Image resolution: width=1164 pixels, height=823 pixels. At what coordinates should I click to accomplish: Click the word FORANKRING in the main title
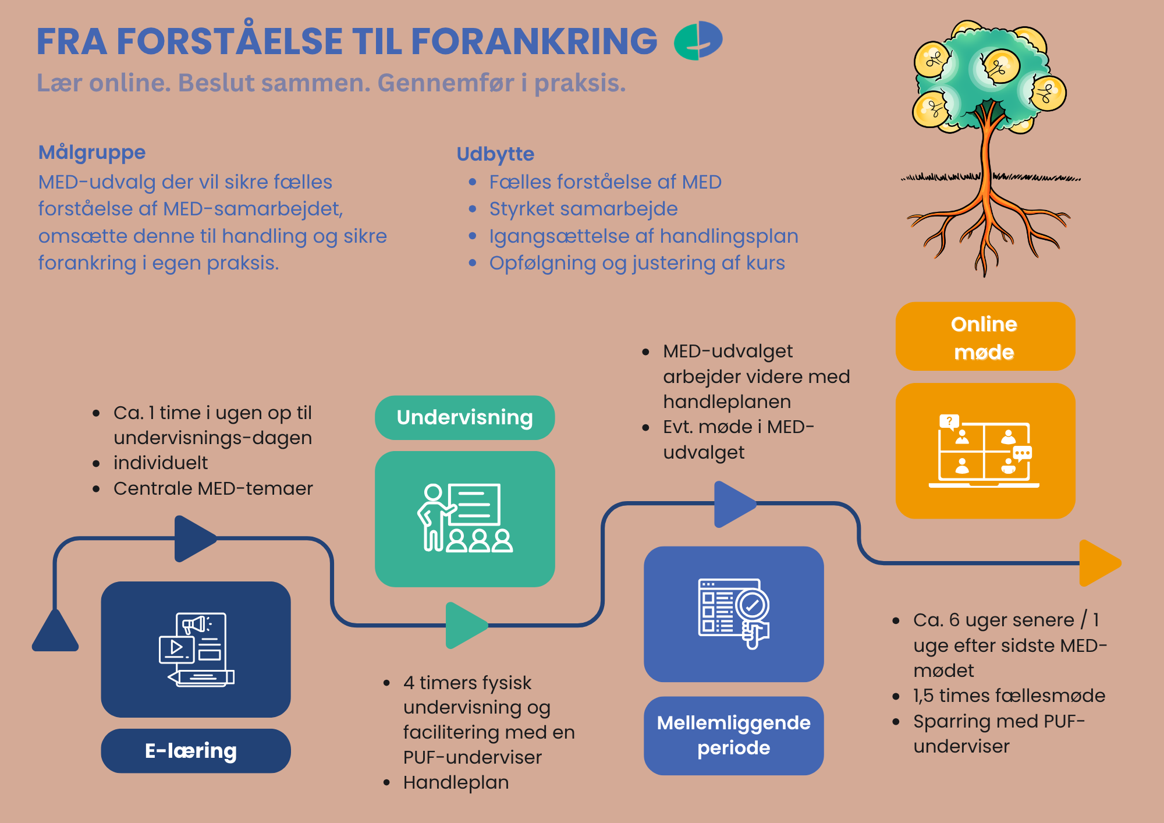pyautogui.click(x=534, y=41)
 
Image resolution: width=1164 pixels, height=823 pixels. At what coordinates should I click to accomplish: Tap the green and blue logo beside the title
pyautogui.click(x=698, y=40)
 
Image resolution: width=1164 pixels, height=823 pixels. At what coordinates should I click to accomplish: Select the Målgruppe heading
pyautogui.click(x=92, y=152)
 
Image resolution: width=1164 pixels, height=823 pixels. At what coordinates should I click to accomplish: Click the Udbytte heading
pyautogui.click(x=495, y=154)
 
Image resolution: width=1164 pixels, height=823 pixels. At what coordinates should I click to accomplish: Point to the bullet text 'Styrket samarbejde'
pyautogui.click(x=583, y=208)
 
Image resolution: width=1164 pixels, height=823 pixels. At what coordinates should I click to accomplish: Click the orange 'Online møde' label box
pyautogui.click(x=985, y=336)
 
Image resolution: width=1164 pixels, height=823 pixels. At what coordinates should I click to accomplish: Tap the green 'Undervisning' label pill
pyautogui.click(x=464, y=417)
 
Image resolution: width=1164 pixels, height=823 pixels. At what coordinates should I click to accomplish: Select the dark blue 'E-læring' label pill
pyautogui.click(x=196, y=751)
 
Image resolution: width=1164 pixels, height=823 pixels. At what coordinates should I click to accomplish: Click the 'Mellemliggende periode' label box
pyautogui.click(x=733, y=735)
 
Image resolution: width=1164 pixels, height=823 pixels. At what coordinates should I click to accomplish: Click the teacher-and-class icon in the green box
pyautogui.click(x=464, y=517)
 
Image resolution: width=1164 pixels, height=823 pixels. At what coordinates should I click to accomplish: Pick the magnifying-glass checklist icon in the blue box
pyautogui.click(x=734, y=613)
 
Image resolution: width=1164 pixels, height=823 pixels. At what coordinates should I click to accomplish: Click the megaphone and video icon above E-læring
pyautogui.click(x=196, y=649)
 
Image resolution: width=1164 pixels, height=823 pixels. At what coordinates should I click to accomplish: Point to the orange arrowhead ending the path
pyautogui.click(x=1099, y=563)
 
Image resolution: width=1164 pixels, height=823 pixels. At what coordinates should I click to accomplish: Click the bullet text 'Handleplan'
pyautogui.click(x=456, y=782)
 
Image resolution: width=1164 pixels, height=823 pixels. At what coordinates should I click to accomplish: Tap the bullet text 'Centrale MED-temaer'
pyautogui.click(x=213, y=488)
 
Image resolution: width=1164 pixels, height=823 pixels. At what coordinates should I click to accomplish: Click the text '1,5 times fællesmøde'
pyautogui.click(x=1009, y=695)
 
